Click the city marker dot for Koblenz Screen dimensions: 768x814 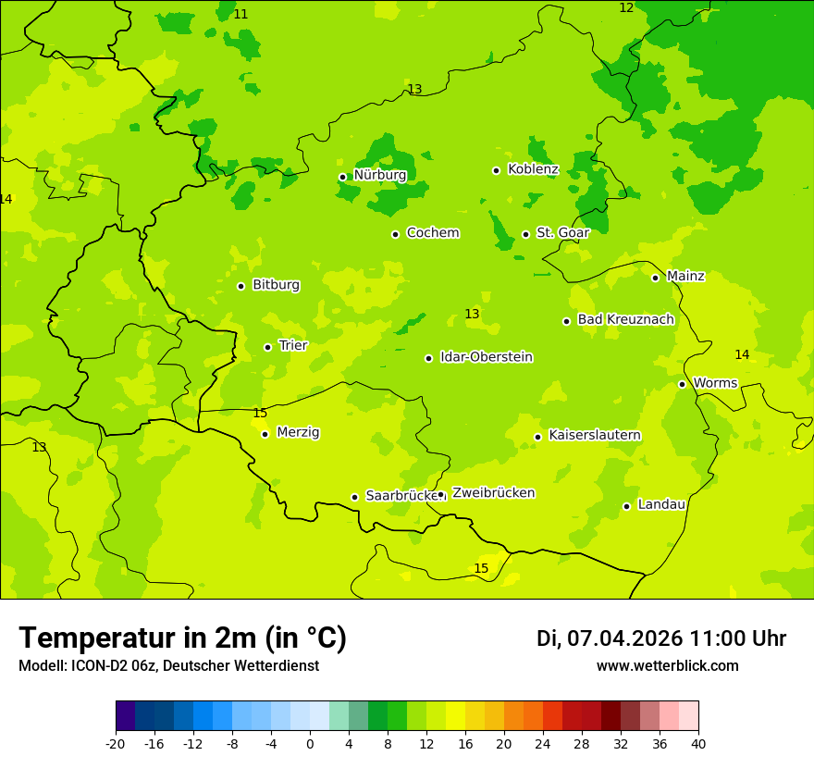tap(496, 170)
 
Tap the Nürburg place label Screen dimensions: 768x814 tap(379, 175)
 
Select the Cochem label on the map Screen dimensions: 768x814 tap(432, 233)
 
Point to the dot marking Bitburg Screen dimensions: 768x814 tap(240, 286)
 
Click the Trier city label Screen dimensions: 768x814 tap(292, 346)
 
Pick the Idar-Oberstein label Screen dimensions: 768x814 tap(486, 357)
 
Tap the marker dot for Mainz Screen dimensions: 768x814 tap(655, 278)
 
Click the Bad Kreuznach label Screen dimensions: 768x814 tap(625, 320)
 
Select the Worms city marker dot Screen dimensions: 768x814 tap(682, 384)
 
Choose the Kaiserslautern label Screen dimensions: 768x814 tap(594, 435)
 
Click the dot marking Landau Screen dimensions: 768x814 tap(626, 506)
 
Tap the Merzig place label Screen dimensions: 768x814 tap(298, 432)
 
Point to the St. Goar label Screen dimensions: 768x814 tap(562, 233)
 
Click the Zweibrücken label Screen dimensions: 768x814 tap(492, 493)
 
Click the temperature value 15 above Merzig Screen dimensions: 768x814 tap(260, 414)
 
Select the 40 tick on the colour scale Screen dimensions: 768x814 tap(697, 744)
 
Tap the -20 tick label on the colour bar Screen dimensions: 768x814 tap(115, 744)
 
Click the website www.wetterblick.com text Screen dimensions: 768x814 tap(667, 666)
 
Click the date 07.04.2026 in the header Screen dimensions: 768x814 tap(624, 638)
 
